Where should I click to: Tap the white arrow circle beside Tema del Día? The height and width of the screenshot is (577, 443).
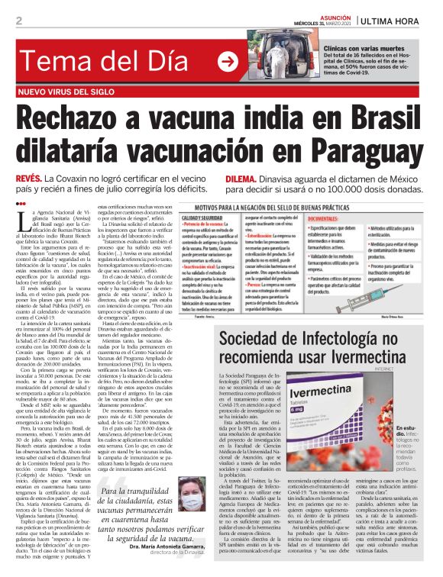tap(227, 62)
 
